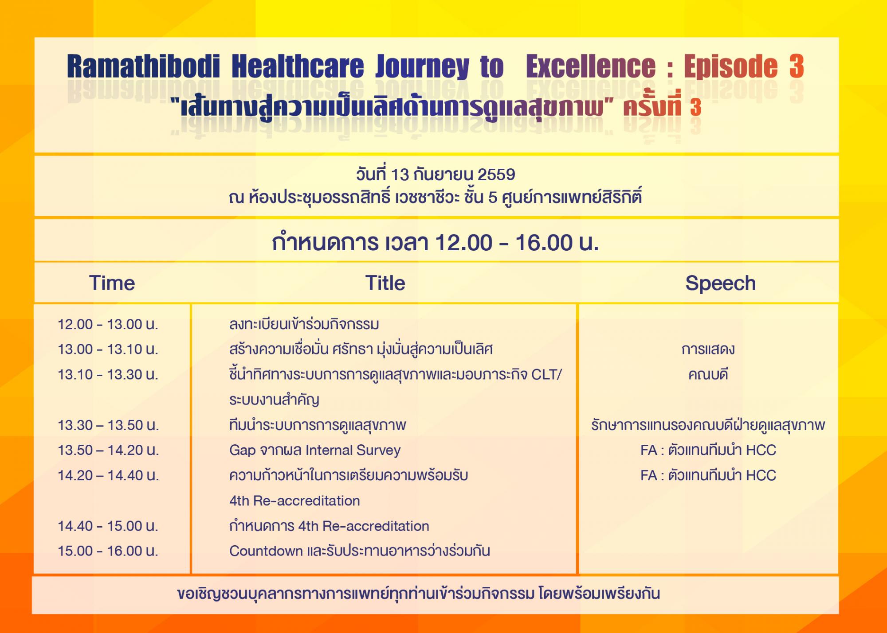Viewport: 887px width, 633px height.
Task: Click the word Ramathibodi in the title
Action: [143, 67]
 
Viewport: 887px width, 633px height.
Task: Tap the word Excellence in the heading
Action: [591, 67]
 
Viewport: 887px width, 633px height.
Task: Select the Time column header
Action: [112, 283]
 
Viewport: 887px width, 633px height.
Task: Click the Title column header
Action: [385, 283]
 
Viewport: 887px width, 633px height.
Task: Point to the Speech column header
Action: [721, 283]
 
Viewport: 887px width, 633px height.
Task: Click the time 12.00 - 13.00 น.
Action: [108, 324]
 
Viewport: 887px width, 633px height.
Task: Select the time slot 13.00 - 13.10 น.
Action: [108, 350]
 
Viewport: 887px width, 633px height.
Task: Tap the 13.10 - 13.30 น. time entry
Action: [108, 375]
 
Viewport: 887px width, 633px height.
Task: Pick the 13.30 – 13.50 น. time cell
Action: [108, 425]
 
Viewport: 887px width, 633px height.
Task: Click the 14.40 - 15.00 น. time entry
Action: [108, 526]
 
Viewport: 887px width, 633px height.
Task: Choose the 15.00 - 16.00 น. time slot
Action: [108, 551]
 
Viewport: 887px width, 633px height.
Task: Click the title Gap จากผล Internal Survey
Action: [315, 450]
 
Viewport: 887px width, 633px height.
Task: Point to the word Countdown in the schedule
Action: [266, 551]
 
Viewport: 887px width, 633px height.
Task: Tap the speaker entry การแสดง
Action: [708, 350]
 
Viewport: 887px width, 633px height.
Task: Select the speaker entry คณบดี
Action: [708, 375]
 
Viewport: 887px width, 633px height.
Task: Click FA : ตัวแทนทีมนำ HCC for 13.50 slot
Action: [708, 450]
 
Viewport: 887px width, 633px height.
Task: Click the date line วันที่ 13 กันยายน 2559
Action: [436, 175]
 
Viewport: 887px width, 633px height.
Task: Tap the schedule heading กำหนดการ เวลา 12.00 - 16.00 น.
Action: [436, 243]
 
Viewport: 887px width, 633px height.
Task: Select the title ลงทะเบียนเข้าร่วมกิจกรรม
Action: [304, 324]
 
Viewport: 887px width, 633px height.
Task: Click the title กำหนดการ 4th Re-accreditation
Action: [329, 526]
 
